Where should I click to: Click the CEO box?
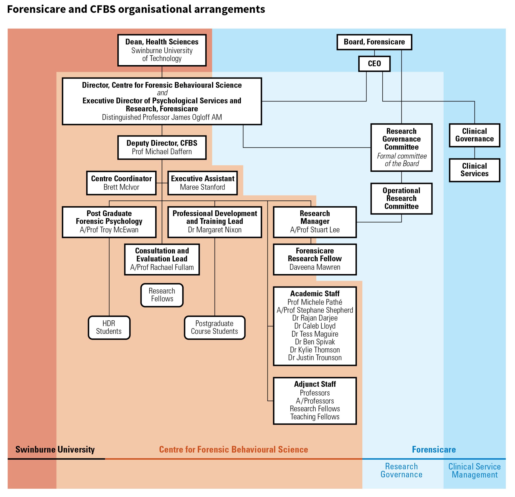pos(374,64)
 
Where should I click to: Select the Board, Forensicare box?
pos(374,42)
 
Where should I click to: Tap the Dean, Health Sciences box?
pos(162,50)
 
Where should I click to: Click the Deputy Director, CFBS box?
pos(162,147)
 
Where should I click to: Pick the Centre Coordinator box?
pos(121,183)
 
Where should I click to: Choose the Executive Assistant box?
pos(202,183)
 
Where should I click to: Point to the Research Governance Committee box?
pos(401,147)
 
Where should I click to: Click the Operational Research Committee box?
pos(401,199)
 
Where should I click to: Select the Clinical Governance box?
pos(474,135)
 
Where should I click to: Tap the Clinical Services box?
pos(474,170)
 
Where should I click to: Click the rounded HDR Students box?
pos(109,327)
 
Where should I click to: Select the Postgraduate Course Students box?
pos(214,327)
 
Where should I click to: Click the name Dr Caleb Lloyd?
pos(315,326)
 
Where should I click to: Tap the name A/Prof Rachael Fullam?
pos(162,267)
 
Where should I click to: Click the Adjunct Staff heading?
pos(315,384)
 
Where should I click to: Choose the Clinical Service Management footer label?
pos(474,471)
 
